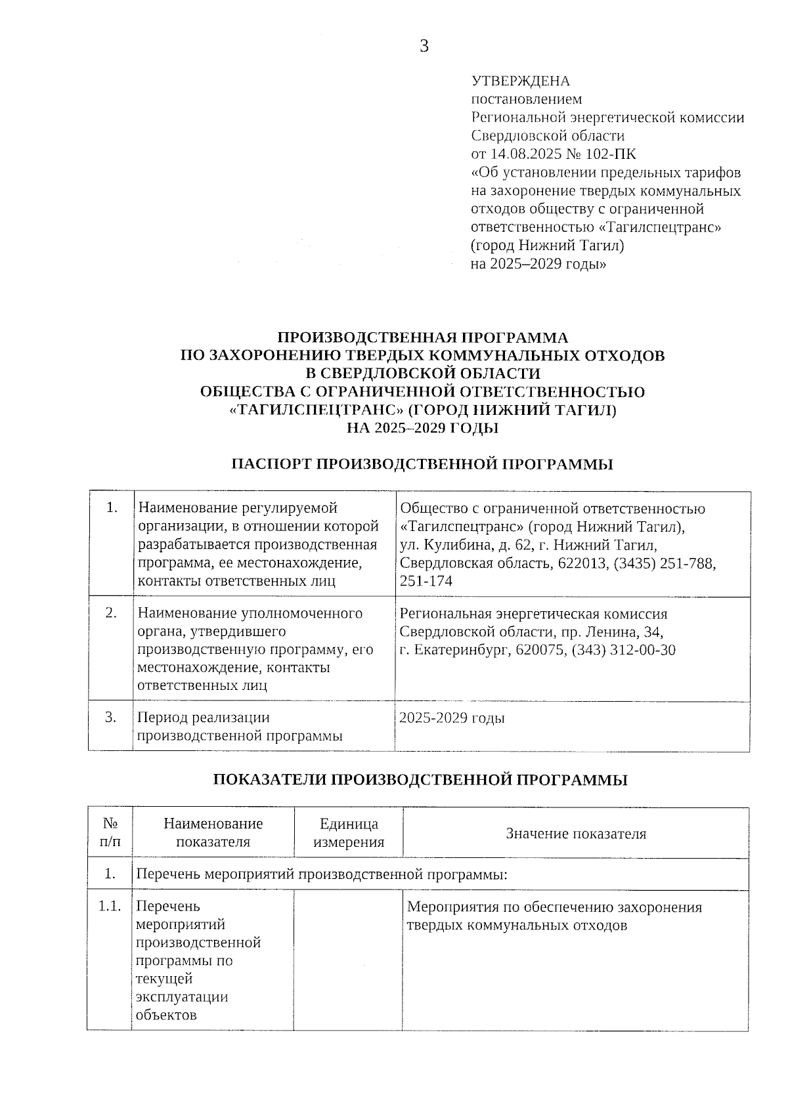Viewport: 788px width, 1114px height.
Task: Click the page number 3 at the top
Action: click(424, 46)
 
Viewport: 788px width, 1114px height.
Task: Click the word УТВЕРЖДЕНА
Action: click(521, 81)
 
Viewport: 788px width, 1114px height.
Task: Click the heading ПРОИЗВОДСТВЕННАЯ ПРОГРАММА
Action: click(423, 338)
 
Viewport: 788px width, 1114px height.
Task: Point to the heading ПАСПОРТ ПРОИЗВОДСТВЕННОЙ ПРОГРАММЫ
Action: click(422, 465)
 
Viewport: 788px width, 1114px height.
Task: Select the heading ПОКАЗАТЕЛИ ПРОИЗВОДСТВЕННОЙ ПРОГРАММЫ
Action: click(421, 780)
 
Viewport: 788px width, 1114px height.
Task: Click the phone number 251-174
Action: click(426, 581)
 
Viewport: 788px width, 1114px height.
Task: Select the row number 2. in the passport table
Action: click(112, 613)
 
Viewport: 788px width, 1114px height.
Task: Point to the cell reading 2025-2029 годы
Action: click(452, 718)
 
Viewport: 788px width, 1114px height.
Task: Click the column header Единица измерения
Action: click(349, 833)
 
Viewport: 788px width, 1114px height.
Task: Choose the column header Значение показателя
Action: click(576, 834)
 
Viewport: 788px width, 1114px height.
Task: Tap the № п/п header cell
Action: click(110, 832)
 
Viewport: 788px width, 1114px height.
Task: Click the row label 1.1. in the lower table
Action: click(110, 907)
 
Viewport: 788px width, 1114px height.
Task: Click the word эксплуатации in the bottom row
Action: click(182, 996)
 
